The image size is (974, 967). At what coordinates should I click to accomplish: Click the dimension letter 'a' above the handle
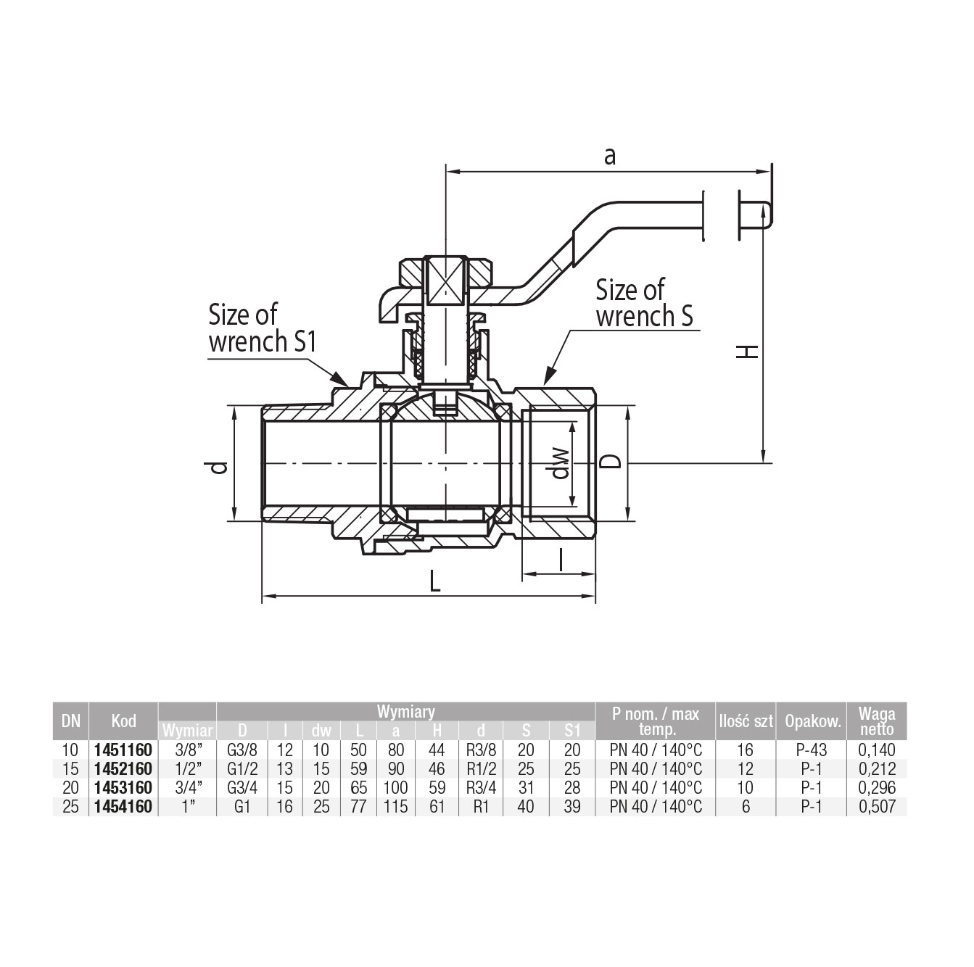coord(610,157)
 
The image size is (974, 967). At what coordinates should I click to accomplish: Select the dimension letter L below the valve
coord(434,581)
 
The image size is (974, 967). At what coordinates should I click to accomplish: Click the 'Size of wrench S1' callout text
coord(263,328)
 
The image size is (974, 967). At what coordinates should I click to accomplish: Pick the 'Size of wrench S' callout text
coord(645,303)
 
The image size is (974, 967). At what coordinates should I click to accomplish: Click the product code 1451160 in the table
coord(123,750)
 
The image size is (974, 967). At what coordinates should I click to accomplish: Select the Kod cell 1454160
coord(123,807)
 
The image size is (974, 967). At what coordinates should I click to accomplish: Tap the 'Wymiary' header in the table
coord(406,712)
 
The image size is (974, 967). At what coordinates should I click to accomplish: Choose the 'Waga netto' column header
coord(876,721)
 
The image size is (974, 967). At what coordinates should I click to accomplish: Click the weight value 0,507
coord(877,807)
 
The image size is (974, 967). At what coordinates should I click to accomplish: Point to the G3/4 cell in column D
coord(243,788)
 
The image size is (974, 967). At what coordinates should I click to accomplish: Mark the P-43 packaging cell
coord(812,750)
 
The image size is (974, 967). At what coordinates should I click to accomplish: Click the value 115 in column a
coord(396,807)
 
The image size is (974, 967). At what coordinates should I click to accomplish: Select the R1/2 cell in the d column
coord(481,769)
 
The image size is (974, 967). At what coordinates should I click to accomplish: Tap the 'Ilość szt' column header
coord(746,721)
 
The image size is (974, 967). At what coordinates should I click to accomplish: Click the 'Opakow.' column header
coord(813,721)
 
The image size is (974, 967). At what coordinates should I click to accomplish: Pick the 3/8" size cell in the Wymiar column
coord(188,750)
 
